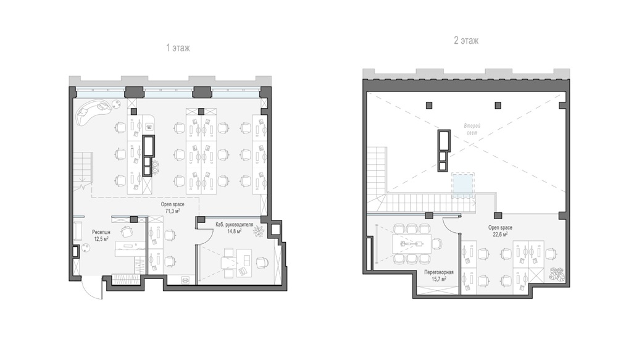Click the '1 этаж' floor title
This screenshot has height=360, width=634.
[x=178, y=48]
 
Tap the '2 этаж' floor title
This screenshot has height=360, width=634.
[x=466, y=41]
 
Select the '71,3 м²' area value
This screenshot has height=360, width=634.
[x=173, y=211]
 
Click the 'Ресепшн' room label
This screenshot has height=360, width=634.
[x=101, y=232]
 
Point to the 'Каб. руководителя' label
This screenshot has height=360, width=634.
[x=235, y=225]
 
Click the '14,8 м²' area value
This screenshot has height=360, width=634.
[x=235, y=232]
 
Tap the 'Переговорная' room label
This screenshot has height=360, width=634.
[x=439, y=272]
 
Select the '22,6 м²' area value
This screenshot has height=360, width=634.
[x=500, y=234]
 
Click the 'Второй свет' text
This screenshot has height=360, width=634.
[x=472, y=130]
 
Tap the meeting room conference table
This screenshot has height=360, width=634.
[x=412, y=243]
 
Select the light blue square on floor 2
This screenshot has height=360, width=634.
[x=462, y=185]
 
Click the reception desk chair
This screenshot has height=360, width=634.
[x=127, y=232]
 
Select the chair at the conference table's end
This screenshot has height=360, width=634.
[x=437, y=243]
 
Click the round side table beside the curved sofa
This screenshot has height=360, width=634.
[x=116, y=104]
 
